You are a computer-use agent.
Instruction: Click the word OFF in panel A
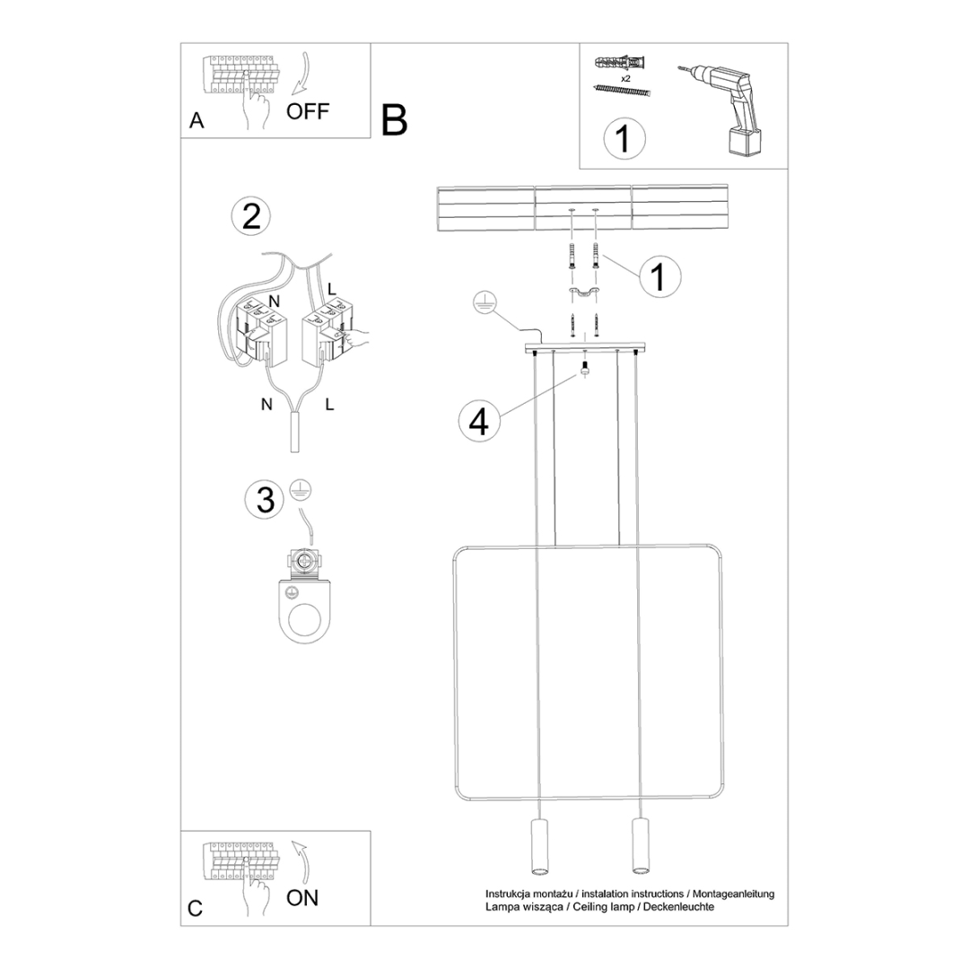[x=308, y=111]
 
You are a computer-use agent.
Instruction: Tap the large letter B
[x=394, y=120]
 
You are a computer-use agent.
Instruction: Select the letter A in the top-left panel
[x=197, y=121]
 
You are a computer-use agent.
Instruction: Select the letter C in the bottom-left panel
[x=196, y=908]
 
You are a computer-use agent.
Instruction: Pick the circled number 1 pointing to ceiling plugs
[x=659, y=277]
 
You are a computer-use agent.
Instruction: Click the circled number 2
[x=251, y=216]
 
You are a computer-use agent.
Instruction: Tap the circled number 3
[x=266, y=500]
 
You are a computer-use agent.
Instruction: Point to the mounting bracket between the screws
[x=583, y=293]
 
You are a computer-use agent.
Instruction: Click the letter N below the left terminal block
[x=266, y=405]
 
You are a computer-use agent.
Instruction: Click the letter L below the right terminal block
[x=329, y=405]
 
